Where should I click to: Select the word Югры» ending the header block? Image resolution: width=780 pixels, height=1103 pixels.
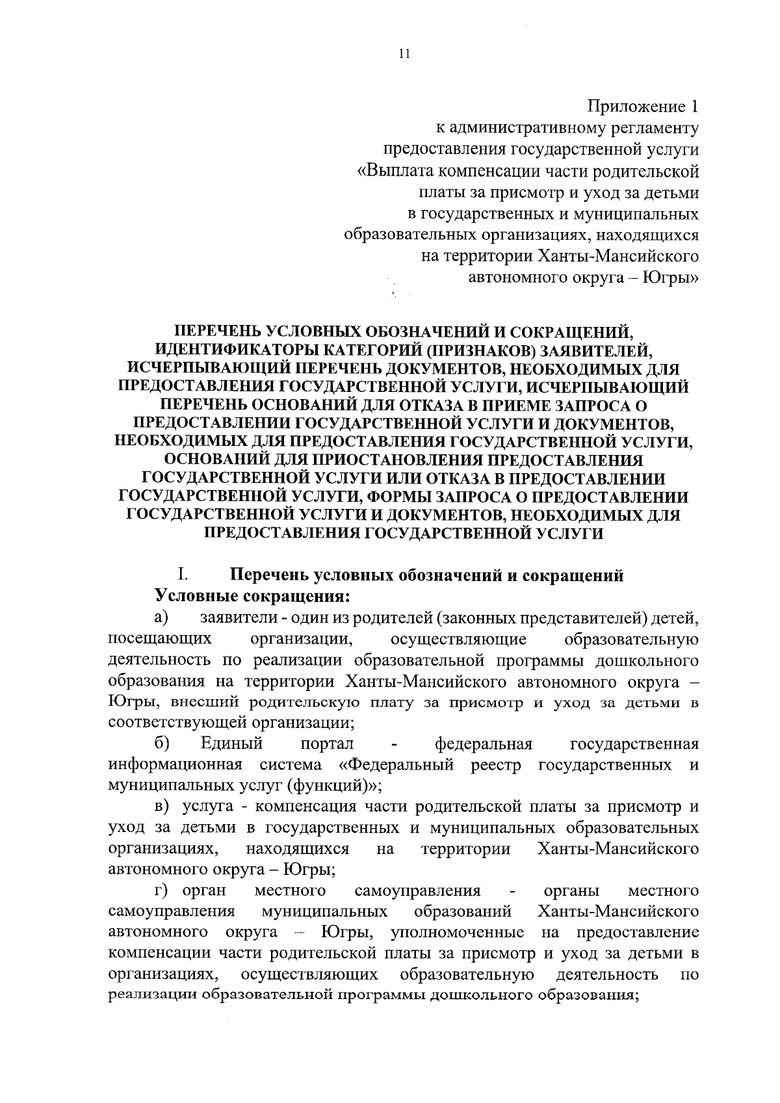670,278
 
